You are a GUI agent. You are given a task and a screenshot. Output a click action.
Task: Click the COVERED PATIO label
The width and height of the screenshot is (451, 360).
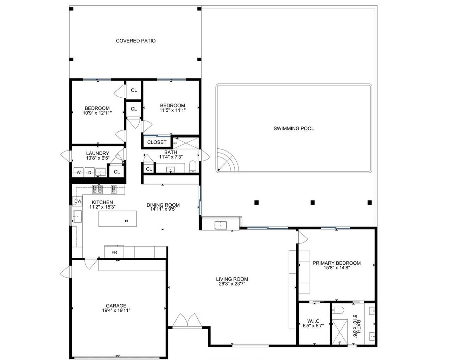point(135,41)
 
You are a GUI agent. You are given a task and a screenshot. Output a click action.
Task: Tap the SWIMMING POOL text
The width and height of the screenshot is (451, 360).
point(293,128)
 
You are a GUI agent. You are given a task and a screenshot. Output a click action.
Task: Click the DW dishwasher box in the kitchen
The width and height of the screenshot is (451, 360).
point(78,201)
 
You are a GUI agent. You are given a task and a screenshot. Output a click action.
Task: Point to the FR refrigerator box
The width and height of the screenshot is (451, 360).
point(114,252)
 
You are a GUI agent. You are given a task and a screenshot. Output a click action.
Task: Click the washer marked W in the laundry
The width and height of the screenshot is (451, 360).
point(78,172)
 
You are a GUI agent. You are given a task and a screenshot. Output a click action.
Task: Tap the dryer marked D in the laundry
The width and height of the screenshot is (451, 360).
point(90,172)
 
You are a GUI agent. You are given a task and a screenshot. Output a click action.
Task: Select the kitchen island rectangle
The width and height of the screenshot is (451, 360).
point(117,219)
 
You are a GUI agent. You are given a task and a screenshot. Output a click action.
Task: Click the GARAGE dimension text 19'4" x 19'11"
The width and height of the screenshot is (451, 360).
point(116,310)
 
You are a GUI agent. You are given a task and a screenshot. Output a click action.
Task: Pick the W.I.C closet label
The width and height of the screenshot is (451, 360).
point(313,321)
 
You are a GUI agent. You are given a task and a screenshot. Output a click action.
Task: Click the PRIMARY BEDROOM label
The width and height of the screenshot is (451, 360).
point(336,263)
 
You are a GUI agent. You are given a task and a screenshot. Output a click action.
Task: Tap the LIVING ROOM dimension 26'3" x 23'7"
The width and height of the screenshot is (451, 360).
point(232,284)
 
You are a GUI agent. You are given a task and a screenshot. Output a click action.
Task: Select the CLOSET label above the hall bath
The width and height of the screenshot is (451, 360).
point(157,142)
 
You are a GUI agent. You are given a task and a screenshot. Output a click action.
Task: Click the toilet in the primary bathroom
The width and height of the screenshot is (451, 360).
point(338,310)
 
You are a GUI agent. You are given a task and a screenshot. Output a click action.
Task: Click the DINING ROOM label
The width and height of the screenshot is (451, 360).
point(163,205)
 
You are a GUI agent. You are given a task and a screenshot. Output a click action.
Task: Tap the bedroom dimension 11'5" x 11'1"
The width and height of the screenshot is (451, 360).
point(172,110)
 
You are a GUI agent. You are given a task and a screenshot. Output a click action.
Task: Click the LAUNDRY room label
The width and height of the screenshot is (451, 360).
point(97,153)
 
